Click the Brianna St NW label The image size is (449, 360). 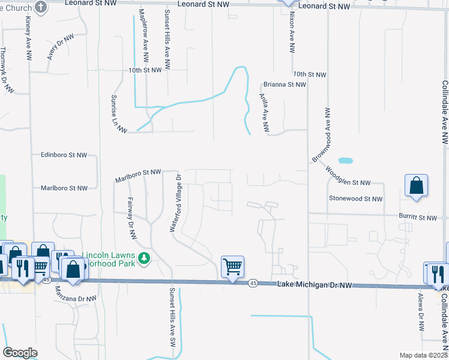(285, 85)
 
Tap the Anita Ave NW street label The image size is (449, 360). (264, 112)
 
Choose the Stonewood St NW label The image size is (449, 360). (355, 199)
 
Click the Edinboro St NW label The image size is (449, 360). (64, 155)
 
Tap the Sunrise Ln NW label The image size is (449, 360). (119, 113)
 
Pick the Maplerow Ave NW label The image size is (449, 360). (143, 36)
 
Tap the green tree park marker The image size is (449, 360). (143, 259)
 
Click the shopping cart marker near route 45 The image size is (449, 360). (232, 266)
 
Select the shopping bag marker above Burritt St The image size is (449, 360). (416, 186)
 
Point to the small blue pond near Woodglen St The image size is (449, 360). (345, 161)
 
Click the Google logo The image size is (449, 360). (20, 353)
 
